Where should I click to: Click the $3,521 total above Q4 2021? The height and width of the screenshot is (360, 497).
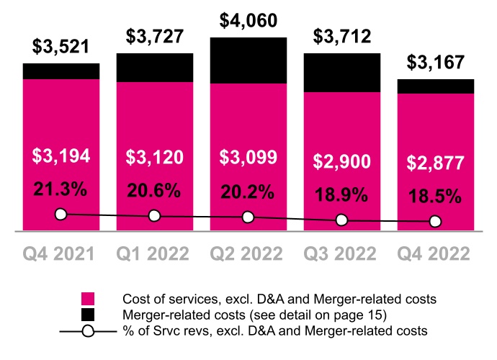61,48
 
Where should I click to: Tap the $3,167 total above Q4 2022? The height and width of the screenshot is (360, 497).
436,63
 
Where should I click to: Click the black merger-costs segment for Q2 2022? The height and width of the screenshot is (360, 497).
248,60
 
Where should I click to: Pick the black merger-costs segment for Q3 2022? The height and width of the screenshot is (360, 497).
342,72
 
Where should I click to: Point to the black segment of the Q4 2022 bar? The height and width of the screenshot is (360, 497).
436,86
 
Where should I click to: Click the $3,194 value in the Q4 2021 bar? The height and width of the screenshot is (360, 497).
61,156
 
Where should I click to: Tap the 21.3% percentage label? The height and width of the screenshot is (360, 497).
61,189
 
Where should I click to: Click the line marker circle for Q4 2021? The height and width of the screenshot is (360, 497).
61,214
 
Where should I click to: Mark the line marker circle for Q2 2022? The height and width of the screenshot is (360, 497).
248,217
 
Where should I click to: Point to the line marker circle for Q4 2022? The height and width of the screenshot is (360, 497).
436,222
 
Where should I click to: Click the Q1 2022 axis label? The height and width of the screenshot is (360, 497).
154,253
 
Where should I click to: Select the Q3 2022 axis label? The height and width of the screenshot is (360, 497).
342,253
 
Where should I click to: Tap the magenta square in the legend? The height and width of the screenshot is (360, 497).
89,299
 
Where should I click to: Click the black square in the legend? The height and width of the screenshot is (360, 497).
89,315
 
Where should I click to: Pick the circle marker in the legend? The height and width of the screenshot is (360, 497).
89,331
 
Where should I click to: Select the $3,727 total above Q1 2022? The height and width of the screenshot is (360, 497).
155,35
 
